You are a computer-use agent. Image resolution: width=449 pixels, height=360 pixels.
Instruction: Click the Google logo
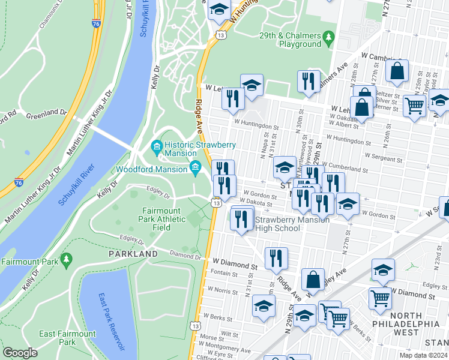coord(20,353)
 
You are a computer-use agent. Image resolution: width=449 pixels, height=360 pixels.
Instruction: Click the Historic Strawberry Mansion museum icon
coord(156,146)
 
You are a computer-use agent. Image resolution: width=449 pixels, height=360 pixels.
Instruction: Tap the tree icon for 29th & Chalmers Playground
coord(328,38)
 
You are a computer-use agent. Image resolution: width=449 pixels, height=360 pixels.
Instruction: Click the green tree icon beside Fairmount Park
coord(65,261)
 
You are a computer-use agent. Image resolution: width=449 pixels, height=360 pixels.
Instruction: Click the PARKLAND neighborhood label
coord(133,254)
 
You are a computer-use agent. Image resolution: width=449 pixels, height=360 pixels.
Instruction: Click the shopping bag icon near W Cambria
coord(398,72)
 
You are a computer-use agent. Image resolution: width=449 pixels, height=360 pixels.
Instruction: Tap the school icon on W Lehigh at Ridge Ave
coord(252,85)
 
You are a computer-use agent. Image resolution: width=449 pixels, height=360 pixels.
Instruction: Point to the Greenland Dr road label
coord(46,112)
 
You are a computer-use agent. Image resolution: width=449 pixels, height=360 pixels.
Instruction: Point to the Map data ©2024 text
coord(423,355)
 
